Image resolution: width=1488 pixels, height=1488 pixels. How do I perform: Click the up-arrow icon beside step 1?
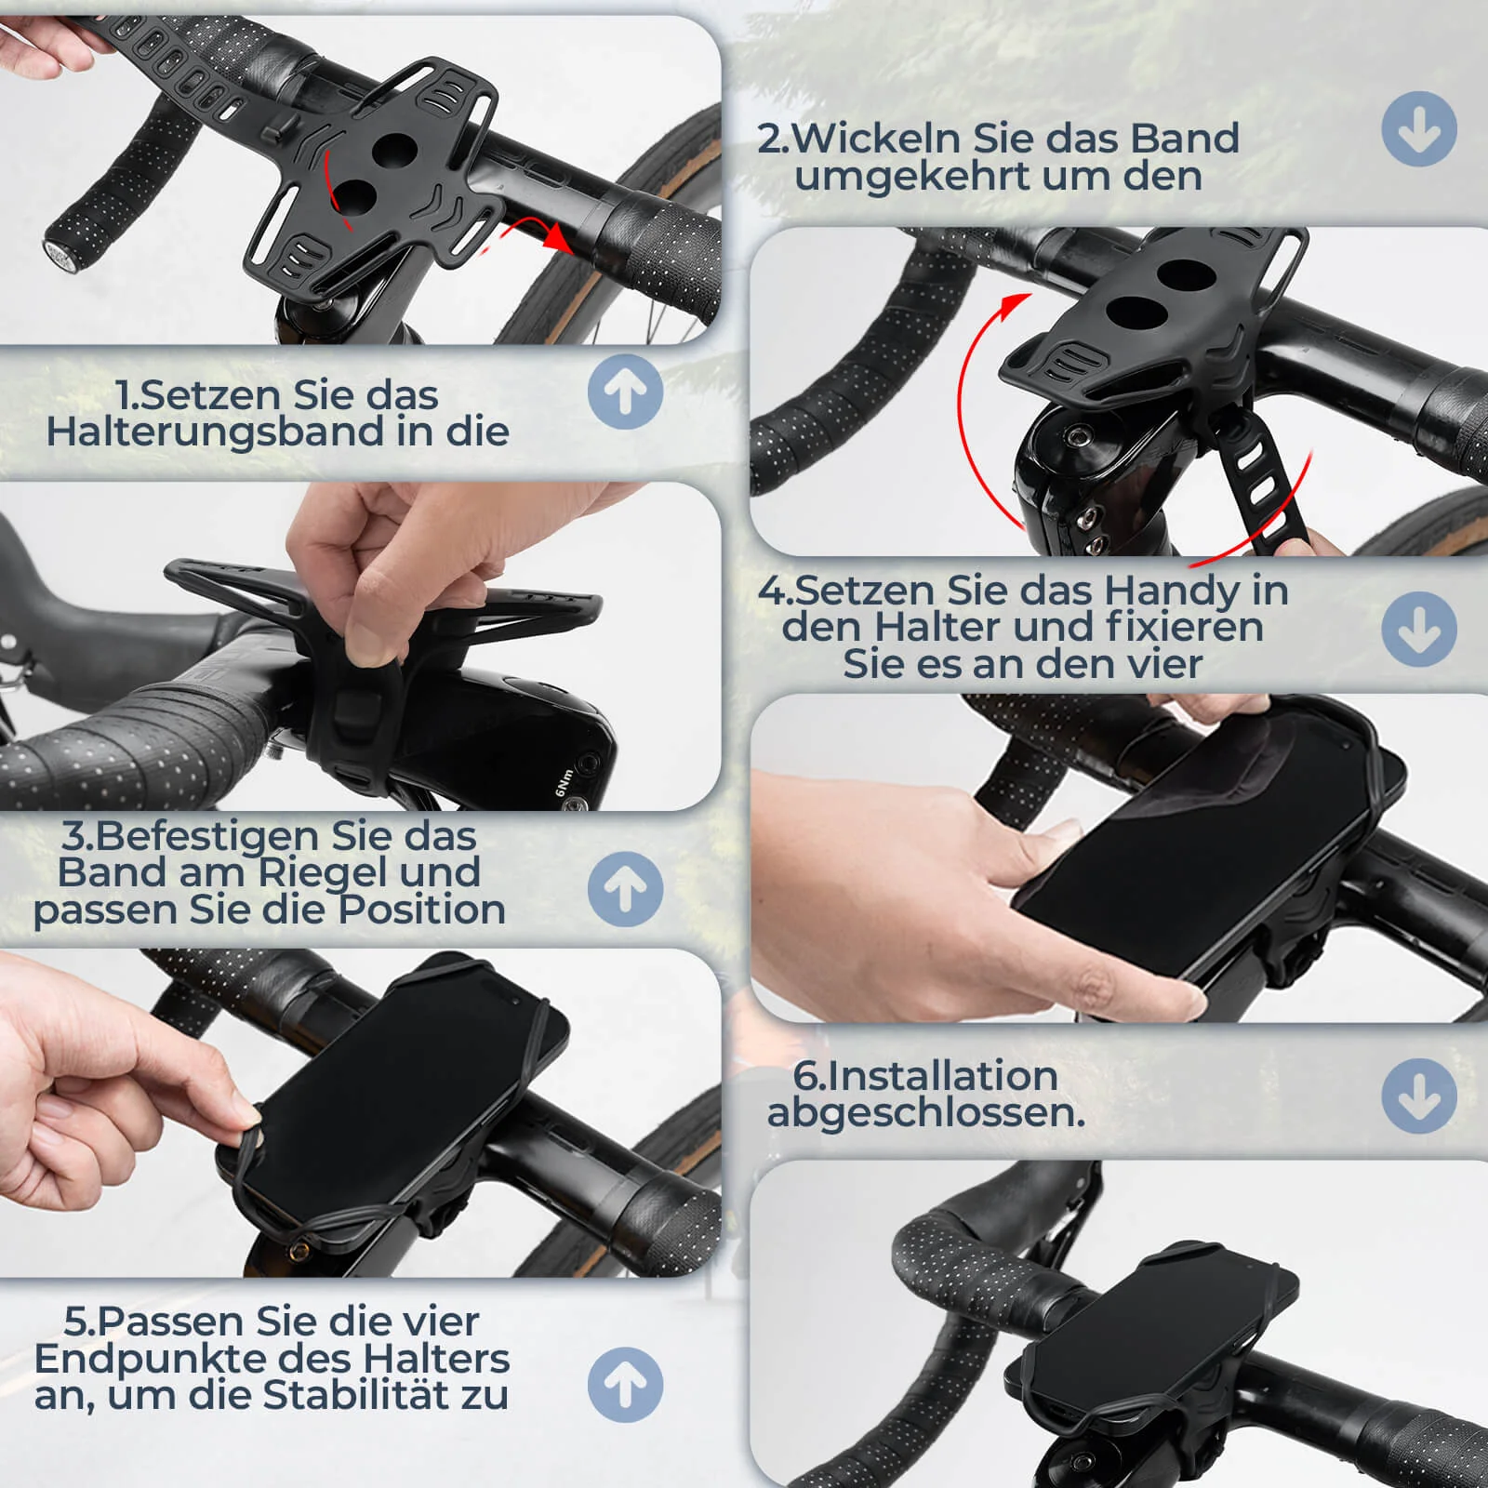pyautogui.click(x=625, y=392)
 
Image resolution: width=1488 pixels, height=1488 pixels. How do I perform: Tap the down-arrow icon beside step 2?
pyautogui.click(x=1419, y=129)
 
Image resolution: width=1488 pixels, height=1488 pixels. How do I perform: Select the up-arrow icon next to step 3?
pyautogui.click(x=625, y=889)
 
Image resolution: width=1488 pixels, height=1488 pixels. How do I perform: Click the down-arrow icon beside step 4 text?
pyautogui.click(x=1419, y=629)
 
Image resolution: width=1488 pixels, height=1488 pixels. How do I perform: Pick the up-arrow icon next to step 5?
pyautogui.click(x=625, y=1385)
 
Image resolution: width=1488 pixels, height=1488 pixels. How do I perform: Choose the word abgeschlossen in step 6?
pyautogui.click(x=924, y=1113)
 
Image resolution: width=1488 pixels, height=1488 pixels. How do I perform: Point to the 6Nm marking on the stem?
pyautogui.click(x=565, y=782)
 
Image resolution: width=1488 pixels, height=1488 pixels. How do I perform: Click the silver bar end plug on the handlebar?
pyautogui.click(x=57, y=256)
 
